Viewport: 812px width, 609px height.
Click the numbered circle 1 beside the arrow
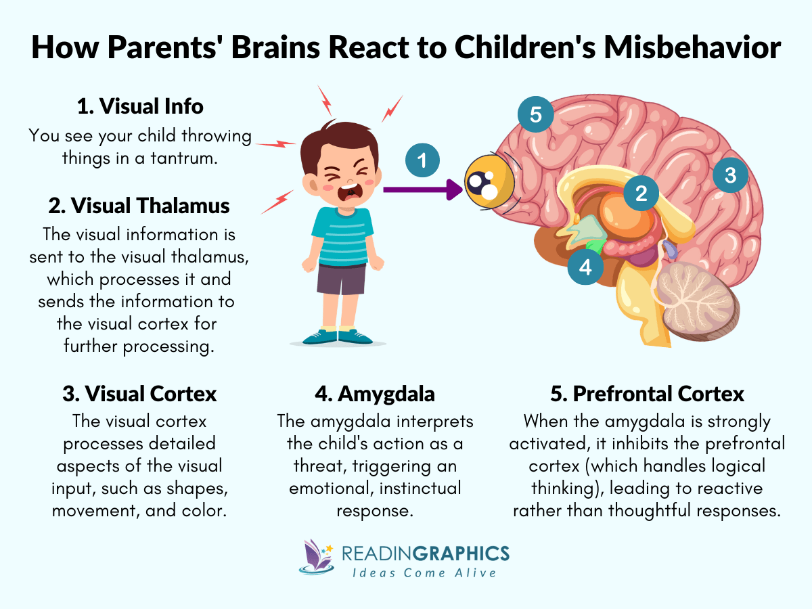[x=422, y=161]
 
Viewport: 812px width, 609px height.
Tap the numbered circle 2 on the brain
[x=640, y=194]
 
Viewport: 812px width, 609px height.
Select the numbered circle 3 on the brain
[x=729, y=175]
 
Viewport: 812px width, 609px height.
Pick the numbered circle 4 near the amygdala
[x=585, y=267]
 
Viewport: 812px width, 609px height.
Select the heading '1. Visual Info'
[x=140, y=106]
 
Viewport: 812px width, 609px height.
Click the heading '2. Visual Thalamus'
[x=140, y=205]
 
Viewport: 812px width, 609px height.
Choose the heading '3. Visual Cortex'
[x=139, y=393]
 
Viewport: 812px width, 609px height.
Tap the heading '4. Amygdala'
[x=375, y=393]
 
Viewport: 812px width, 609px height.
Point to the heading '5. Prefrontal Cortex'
[x=647, y=393]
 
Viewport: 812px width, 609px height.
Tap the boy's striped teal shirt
[x=344, y=236]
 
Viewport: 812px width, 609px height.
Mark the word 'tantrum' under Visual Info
[x=182, y=158]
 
